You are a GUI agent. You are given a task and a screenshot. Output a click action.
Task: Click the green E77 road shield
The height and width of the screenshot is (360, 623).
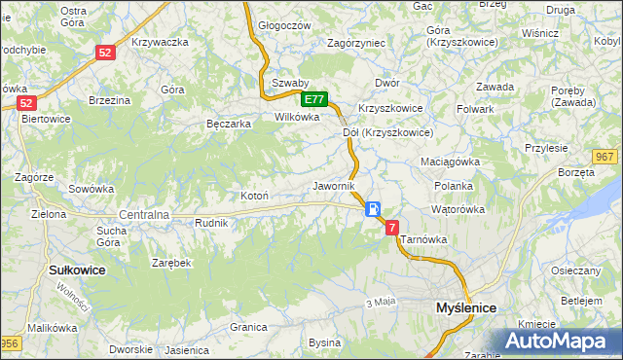[313, 99]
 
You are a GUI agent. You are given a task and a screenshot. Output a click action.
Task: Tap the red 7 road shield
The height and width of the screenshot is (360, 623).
[392, 227]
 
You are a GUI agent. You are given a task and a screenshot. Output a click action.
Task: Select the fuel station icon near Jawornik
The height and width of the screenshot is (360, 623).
[373, 209]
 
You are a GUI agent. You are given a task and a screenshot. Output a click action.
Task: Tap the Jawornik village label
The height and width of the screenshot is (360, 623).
[333, 185]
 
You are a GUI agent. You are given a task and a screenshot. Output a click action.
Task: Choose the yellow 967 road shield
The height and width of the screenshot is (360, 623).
[605, 158]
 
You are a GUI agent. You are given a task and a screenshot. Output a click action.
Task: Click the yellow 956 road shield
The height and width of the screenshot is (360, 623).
[10, 342]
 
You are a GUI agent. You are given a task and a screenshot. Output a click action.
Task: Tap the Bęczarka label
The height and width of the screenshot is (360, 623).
[230, 124]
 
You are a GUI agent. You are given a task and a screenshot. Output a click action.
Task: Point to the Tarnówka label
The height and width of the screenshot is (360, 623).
[422, 237]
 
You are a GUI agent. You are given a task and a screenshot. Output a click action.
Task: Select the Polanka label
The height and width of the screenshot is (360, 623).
[454, 185]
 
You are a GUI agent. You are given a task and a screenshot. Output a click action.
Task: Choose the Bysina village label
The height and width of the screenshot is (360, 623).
[324, 342]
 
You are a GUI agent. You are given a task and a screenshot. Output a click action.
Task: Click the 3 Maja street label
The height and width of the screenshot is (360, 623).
[381, 302]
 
